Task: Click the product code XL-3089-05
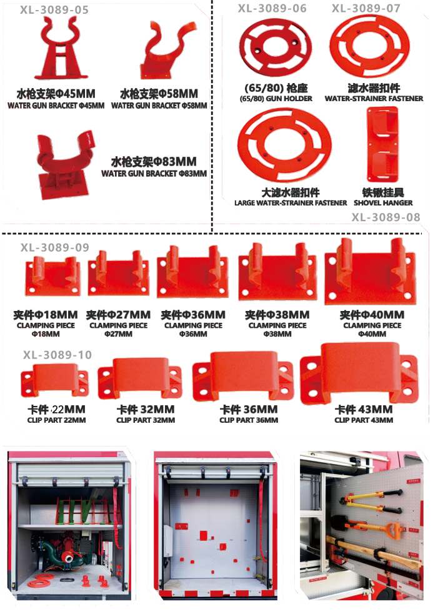click(54, 10)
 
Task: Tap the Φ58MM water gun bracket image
click(168, 49)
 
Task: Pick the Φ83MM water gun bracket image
click(65, 165)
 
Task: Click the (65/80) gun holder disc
click(276, 47)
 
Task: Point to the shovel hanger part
click(382, 144)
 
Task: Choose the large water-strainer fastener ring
click(284, 145)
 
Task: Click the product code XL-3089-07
click(366, 8)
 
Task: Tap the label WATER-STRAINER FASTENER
click(374, 99)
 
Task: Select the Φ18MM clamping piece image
click(52, 276)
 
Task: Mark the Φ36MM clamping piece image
click(192, 272)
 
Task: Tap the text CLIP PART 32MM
click(146, 420)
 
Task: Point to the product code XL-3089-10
click(57, 355)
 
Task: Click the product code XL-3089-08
click(386, 217)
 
